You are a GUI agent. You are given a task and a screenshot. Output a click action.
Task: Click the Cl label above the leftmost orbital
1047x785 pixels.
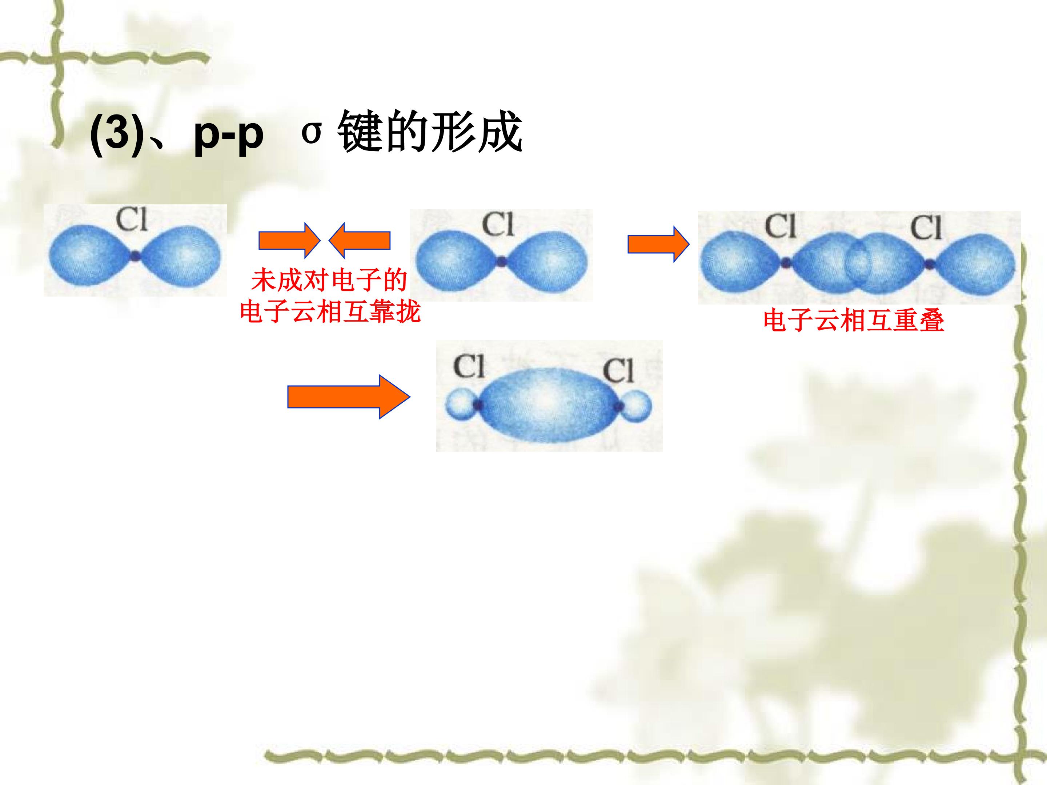pyautogui.click(x=132, y=220)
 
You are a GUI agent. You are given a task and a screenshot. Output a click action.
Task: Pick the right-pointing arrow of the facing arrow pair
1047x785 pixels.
pyautogui.click(x=289, y=240)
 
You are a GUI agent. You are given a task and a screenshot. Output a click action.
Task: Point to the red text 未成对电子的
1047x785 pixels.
pyautogui.click(x=329, y=281)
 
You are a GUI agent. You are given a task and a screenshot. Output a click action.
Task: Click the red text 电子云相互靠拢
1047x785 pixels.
pyautogui.click(x=330, y=312)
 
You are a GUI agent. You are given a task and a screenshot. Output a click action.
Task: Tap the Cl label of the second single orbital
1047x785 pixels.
pyautogui.click(x=498, y=224)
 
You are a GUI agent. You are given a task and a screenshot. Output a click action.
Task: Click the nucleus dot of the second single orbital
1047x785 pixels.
pyautogui.click(x=502, y=260)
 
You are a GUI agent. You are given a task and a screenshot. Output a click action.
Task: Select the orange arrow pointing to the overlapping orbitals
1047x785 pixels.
pyautogui.click(x=658, y=244)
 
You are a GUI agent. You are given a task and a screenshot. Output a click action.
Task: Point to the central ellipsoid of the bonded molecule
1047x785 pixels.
pyautogui.click(x=549, y=405)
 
